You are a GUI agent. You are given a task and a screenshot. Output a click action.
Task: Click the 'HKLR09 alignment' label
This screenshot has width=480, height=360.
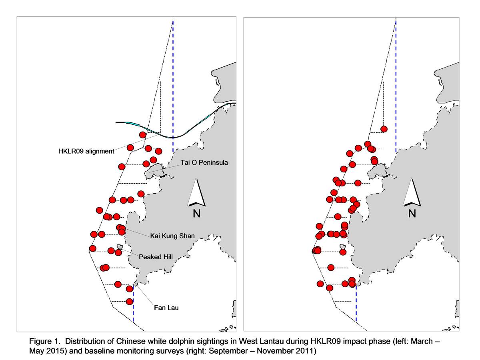[x=86, y=151]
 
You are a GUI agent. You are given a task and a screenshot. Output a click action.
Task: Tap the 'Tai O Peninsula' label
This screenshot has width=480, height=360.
[x=204, y=163]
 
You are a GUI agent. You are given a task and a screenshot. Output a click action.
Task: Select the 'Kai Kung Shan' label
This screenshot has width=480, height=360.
[x=172, y=236]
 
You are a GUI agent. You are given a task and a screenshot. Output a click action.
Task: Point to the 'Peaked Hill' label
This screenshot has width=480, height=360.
[x=156, y=257]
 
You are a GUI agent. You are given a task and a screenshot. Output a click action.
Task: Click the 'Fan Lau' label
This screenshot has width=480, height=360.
[x=166, y=308]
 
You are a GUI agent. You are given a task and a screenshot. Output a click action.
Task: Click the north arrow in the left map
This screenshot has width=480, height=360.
[x=196, y=193]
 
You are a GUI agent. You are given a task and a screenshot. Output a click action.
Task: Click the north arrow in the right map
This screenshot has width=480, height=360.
[x=412, y=192]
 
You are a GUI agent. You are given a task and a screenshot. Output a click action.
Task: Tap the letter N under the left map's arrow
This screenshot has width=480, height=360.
[x=196, y=213]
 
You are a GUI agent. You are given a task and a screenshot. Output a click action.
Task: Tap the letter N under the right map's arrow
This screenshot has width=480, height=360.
[x=412, y=213]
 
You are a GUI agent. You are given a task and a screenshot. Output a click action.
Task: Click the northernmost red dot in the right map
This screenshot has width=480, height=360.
[x=384, y=129]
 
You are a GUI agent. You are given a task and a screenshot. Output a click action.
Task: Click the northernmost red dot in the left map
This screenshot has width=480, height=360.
[x=142, y=135]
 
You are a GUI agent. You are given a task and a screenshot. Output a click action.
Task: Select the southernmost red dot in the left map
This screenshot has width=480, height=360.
[x=130, y=302]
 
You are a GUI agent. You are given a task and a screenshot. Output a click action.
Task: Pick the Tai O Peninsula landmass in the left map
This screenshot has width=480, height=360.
[x=154, y=171]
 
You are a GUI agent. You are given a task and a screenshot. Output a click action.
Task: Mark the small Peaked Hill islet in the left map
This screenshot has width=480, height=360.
[x=120, y=247]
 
